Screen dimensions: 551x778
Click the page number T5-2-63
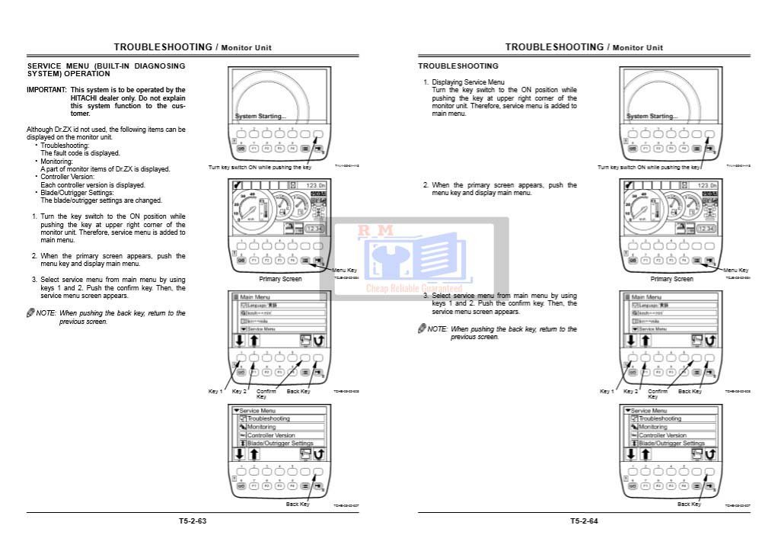point(193,521)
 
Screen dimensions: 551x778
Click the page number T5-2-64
point(584,521)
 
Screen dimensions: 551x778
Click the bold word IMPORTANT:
point(47,90)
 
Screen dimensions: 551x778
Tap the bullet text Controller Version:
point(67,177)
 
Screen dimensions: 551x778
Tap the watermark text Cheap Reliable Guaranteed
point(414,289)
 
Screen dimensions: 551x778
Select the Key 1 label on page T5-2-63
point(215,392)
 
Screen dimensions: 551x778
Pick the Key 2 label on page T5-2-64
point(630,392)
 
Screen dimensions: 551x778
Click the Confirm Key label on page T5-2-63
point(266,394)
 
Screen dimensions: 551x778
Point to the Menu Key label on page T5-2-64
point(735,271)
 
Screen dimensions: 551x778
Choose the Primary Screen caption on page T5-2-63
point(280,279)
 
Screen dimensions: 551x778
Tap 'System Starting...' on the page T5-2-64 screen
point(652,117)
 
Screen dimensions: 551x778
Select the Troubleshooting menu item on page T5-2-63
point(269,419)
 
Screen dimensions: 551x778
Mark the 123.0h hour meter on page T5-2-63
point(314,185)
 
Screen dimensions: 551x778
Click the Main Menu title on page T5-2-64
point(646,296)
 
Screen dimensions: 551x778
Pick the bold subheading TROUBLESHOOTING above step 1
point(458,66)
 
